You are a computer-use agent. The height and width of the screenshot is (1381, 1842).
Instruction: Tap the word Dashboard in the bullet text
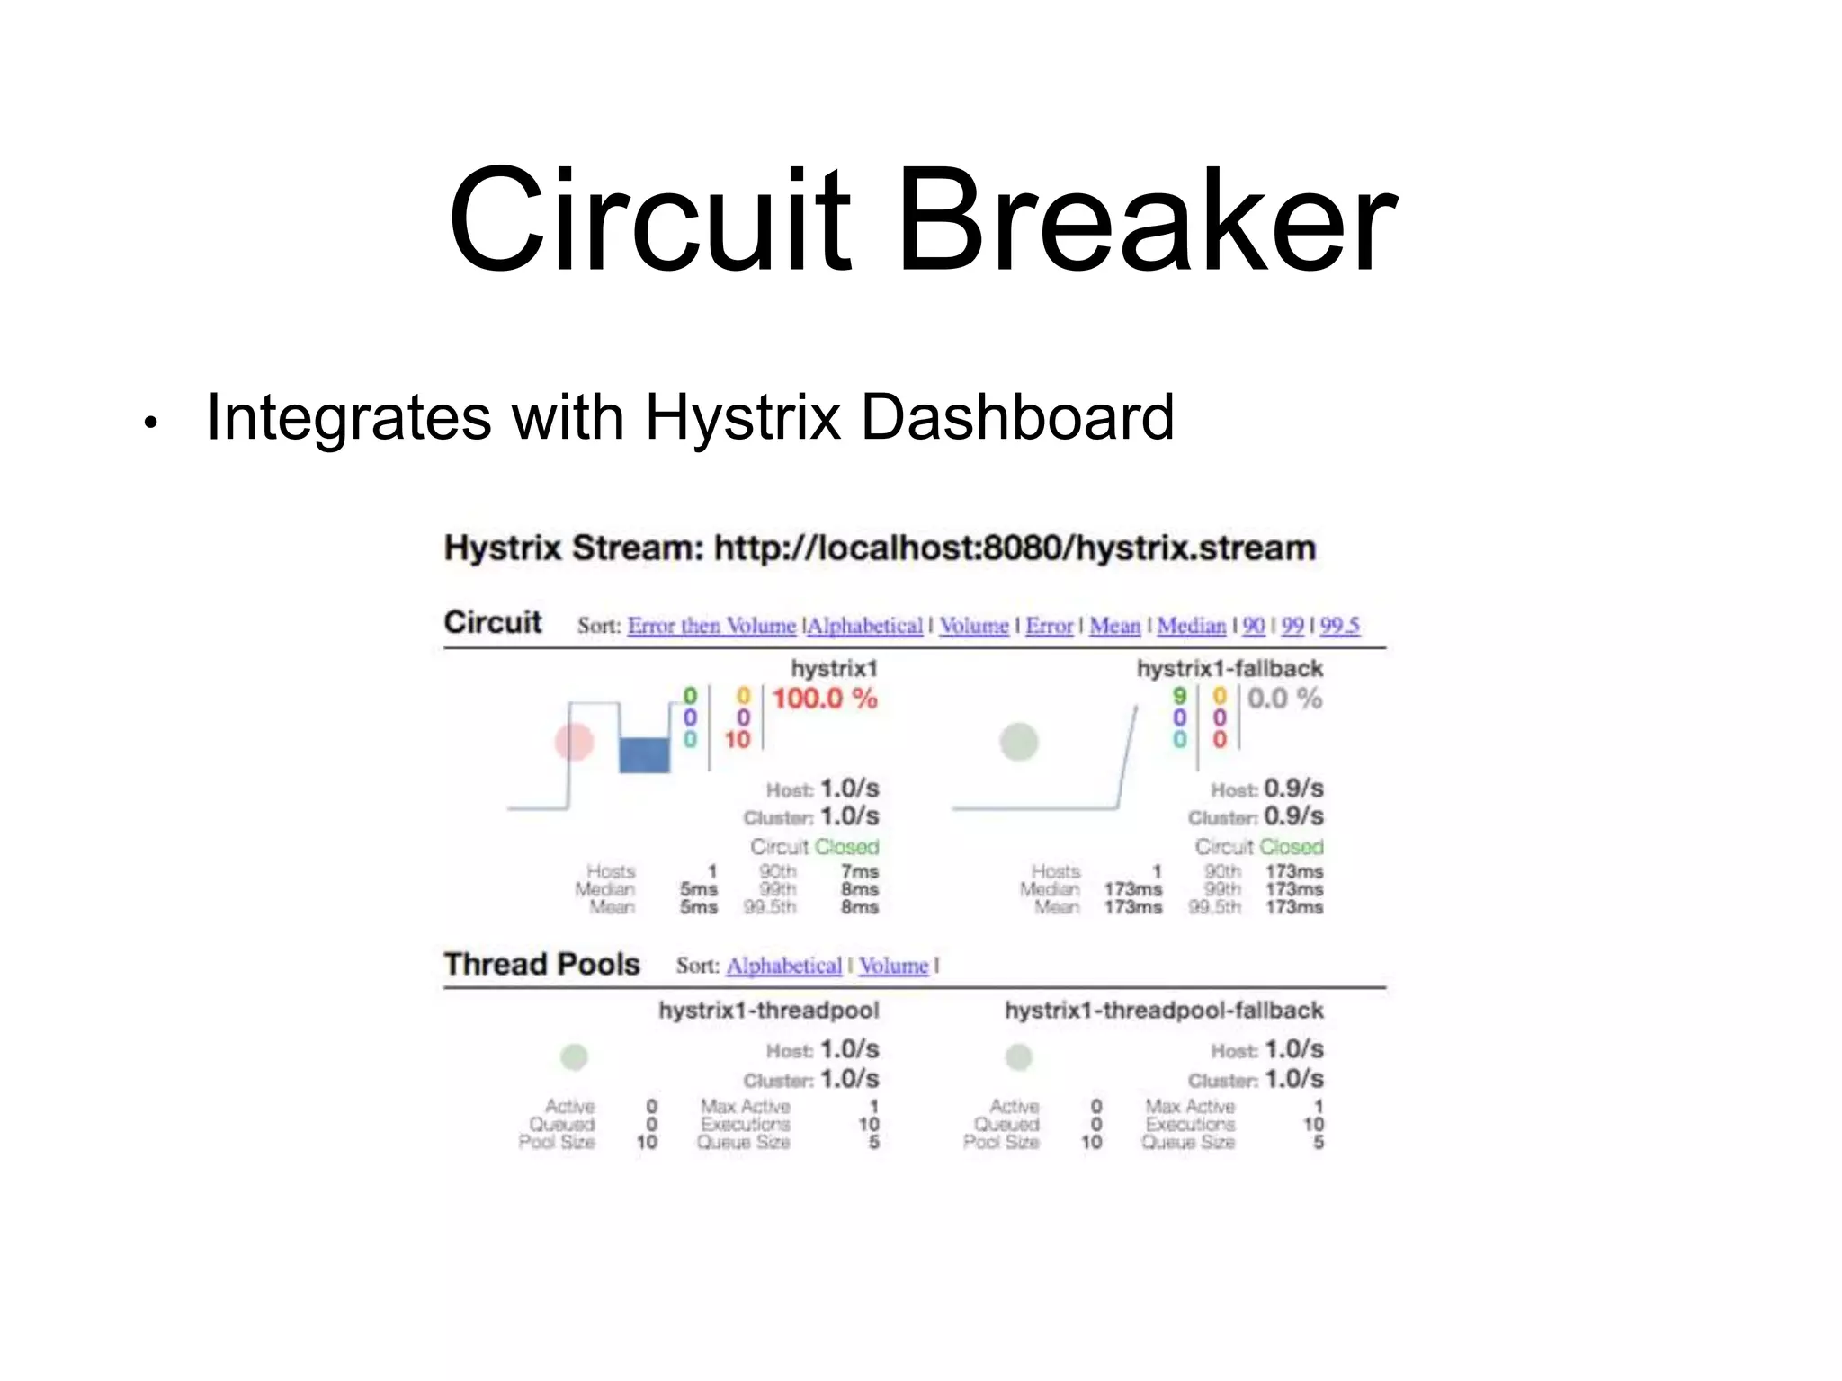[x=1017, y=417]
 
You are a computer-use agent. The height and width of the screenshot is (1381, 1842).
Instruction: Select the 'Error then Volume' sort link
[x=711, y=626]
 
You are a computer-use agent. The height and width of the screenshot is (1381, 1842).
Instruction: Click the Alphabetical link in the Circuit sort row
[x=865, y=626]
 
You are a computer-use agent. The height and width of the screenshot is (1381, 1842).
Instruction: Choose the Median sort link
[x=1191, y=626]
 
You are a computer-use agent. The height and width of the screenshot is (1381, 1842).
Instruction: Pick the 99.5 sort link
[x=1339, y=626]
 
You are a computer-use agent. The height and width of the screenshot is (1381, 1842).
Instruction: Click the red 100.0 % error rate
[x=824, y=699]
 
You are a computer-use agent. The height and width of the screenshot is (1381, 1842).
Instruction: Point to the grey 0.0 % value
[x=1284, y=699]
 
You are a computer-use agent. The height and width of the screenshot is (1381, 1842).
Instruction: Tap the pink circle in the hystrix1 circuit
[x=574, y=742]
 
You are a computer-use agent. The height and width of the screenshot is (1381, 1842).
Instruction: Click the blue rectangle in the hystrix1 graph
[x=644, y=754]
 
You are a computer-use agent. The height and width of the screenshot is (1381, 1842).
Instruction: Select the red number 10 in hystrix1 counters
[x=738, y=740]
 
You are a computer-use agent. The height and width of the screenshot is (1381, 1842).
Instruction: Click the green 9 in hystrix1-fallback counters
[x=1179, y=696]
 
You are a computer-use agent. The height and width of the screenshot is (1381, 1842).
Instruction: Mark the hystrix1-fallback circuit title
[x=1229, y=669]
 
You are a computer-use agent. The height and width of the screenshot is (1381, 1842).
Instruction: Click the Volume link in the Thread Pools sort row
[x=892, y=966]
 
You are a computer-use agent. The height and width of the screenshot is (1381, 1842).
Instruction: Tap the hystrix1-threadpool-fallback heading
[x=1163, y=1011]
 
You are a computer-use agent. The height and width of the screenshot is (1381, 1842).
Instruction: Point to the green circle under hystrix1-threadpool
[x=574, y=1056]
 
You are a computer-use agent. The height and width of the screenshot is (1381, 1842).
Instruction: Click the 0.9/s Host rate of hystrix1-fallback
[x=1293, y=789]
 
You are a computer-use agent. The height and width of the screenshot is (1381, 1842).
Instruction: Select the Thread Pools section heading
[x=541, y=964]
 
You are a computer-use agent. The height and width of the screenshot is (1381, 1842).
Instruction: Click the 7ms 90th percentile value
[x=859, y=871]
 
